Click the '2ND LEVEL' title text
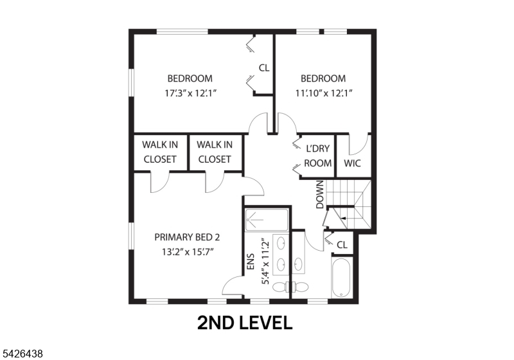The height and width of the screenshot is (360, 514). [245, 322]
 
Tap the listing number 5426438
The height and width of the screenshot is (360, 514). [23, 353]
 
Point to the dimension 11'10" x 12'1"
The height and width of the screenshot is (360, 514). [323, 93]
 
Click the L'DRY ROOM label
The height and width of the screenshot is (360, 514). [317, 156]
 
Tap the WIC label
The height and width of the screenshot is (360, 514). [353, 163]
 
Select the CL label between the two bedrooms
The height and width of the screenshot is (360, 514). [263, 67]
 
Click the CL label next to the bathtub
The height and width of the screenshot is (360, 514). [342, 245]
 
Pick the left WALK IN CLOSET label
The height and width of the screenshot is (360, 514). [159, 152]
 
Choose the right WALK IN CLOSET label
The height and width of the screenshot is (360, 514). [215, 152]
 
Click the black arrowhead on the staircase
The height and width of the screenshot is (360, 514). [342, 219]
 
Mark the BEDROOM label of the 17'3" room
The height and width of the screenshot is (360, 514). [190, 78]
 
